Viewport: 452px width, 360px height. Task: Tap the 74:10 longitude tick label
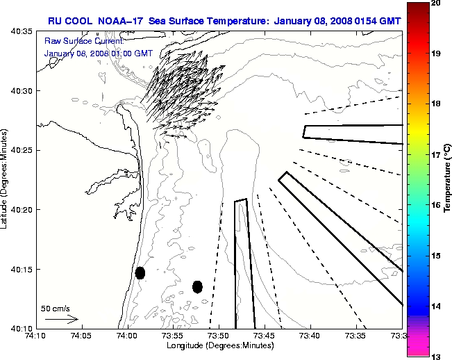click(35, 336)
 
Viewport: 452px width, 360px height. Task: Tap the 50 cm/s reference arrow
click(61, 320)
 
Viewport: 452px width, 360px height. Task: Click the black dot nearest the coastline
click(140, 272)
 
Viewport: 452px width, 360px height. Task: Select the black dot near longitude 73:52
click(198, 286)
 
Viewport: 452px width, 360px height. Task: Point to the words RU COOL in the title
click(72, 20)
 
